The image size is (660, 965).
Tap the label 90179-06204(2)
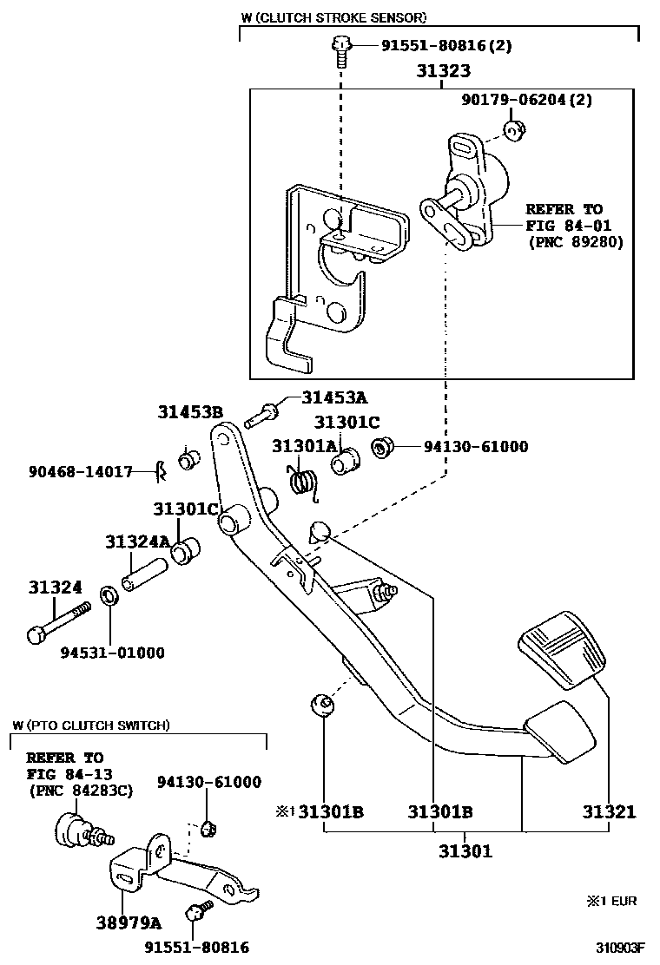pyautogui.click(x=526, y=100)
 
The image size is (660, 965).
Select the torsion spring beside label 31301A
pyautogui.click(x=301, y=482)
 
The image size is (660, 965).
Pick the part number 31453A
pyautogui.click(x=334, y=397)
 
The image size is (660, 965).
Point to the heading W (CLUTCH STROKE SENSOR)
pyautogui.click(x=333, y=17)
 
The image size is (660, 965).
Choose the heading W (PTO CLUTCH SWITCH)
pyautogui.click(x=91, y=725)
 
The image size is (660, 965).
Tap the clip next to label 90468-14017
pyautogui.click(x=160, y=471)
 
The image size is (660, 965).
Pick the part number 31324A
pyautogui.click(x=137, y=542)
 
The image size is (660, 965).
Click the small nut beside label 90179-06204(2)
pyautogui.click(x=514, y=131)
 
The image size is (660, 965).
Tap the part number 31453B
pyautogui.click(x=190, y=411)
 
